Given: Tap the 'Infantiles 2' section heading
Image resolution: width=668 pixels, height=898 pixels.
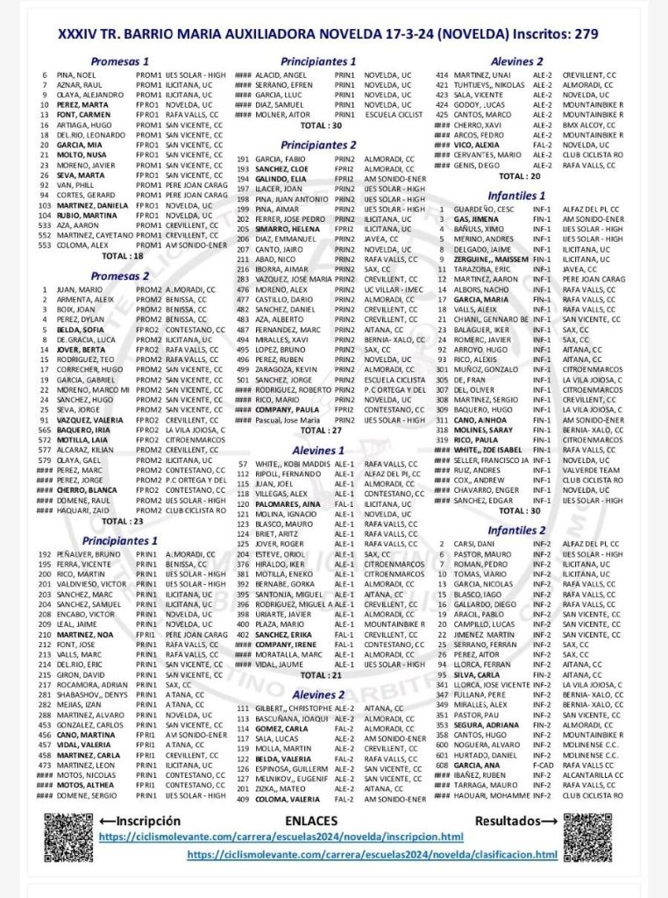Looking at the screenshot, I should [x=517, y=531].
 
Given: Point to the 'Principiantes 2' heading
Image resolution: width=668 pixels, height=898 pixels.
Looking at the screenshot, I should [x=318, y=145].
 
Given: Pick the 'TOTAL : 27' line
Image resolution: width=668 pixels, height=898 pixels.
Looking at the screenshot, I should [x=321, y=431].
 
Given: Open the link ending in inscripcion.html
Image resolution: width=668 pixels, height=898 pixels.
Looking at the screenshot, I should [x=293, y=837].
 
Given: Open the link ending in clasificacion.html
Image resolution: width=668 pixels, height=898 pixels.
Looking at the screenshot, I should [x=372, y=854].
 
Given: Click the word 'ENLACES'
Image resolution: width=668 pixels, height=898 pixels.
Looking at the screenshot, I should [x=311, y=821].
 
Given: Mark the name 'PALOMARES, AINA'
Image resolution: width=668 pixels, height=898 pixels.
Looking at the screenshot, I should [x=288, y=504].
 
